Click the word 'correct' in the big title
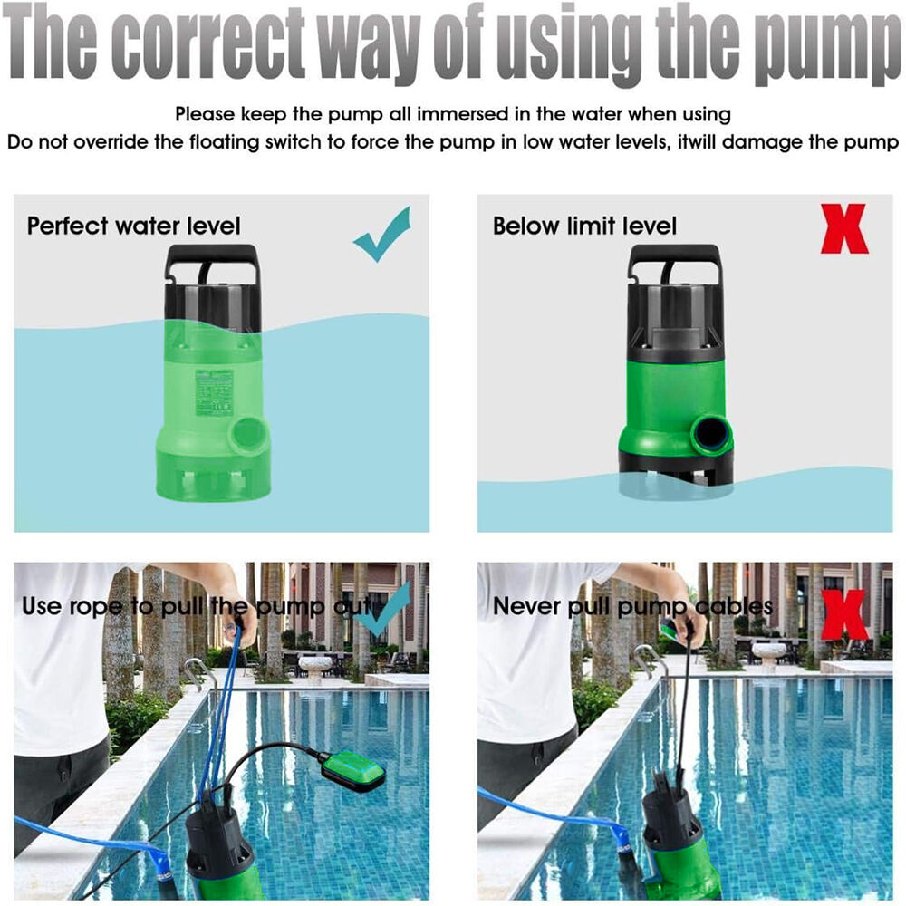pos(211,44)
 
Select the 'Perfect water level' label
pos(133,226)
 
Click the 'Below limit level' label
pos(584,226)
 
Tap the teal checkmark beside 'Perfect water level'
pos(382,234)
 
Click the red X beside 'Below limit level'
pos(844,229)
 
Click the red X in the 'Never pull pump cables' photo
pos(844,614)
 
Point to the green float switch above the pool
pos(353,769)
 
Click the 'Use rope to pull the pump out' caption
pos(198,607)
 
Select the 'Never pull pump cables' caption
pos(632,607)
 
